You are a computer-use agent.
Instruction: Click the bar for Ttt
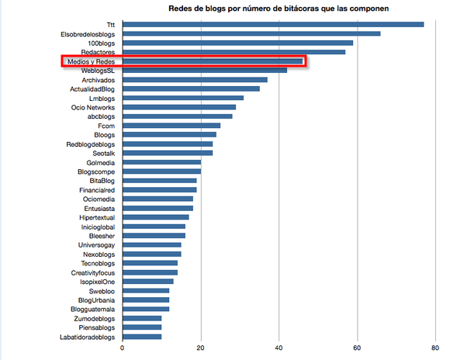(x=273, y=24)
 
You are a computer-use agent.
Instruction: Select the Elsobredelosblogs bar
(x=251, y=33)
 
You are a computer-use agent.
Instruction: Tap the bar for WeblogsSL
(x=205, y=71)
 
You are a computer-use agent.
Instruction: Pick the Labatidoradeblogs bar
(x=142, y=337)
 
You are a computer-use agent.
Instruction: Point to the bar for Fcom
(x=171, y=126)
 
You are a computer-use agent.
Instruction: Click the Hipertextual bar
(x=156, y=217)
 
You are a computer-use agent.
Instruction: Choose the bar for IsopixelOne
(x=148, y=282)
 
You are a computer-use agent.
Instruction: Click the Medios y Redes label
(x=91, y=62)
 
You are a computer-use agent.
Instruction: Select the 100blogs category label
(x=102, y=43)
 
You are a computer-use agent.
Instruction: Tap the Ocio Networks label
(x=93, y=108)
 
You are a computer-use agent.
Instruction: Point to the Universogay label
(x=96, y=245)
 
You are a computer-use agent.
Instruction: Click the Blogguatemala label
(x=92, y=310)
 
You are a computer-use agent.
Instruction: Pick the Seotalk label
(x=104, y=154)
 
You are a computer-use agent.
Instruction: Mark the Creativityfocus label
(x=93, y=273)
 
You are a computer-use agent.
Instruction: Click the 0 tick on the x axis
(x=123, y=348)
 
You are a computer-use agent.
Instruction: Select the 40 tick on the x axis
(x=279, y=348)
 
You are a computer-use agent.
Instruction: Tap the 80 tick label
(x=435, y=348)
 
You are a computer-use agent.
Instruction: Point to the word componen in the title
(x=371, y=9)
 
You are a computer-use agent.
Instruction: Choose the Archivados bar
(x=196, y=79)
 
